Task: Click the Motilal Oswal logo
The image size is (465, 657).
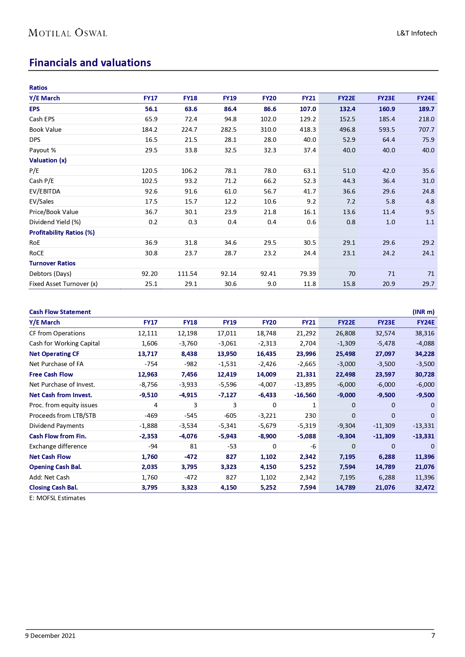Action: click(68, 33)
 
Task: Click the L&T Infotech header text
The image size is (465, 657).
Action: click(417, 33)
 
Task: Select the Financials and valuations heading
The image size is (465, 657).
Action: click(90, 63)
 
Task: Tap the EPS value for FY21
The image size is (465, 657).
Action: click(308, 109)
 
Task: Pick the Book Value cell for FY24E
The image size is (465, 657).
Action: click(426, 130)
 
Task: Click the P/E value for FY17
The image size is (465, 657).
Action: click(150, 171)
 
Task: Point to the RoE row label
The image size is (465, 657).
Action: click(35, 243)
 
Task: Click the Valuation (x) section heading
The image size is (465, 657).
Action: click(48, 160)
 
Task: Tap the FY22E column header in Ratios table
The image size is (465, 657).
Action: click(346, 98)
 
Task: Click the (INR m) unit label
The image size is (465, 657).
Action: click(423, 312)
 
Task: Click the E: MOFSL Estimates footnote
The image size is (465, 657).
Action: click(57, 498)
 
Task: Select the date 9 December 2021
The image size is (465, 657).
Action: click(50, 636)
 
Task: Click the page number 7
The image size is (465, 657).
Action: click(433, 635)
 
